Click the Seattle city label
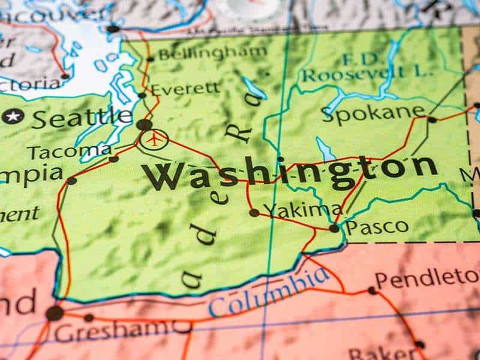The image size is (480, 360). click(82, 117)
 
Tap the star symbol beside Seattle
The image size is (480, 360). click(13, 116)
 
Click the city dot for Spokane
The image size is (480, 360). click(432, 119)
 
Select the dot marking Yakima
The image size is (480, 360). click(254, 212)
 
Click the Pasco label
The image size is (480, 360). click(377, 227)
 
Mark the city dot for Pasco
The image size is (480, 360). click(334, 228)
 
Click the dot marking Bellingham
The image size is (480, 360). click(150, 58)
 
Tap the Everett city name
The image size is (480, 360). click(185, 89)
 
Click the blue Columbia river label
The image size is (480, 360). click(269, 293)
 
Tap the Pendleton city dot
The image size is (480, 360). click(373, 290)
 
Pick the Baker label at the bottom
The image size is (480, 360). click(378, 353)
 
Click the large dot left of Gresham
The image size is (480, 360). click(55, 313)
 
